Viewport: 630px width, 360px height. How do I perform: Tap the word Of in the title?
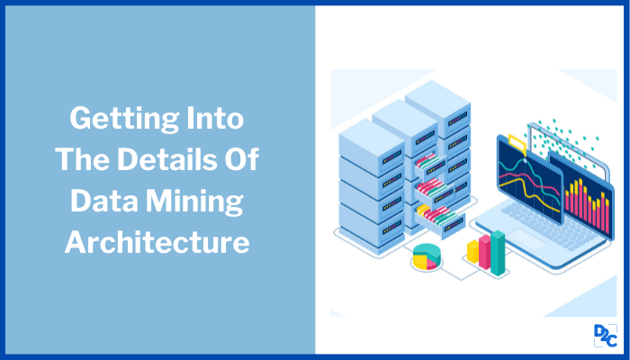tap(240, 160)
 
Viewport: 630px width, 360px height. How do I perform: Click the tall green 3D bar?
tap(497, 247)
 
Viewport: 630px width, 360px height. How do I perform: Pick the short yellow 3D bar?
tap(472, 252)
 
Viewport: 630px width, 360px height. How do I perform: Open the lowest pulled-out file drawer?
tap(432, 216)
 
